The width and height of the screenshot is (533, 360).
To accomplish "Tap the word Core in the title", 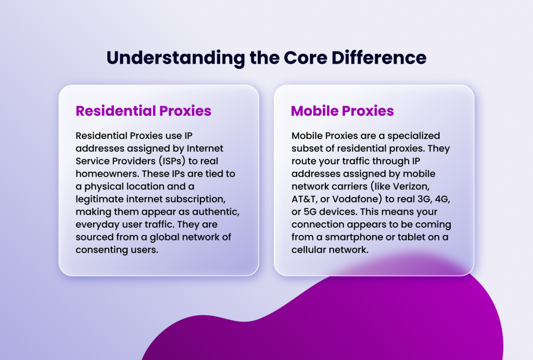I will [x=297, y=57].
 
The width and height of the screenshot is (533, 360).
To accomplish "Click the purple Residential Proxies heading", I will [x=144, y=111].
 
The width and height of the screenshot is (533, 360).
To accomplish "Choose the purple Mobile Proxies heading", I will [x=342, y=111].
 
